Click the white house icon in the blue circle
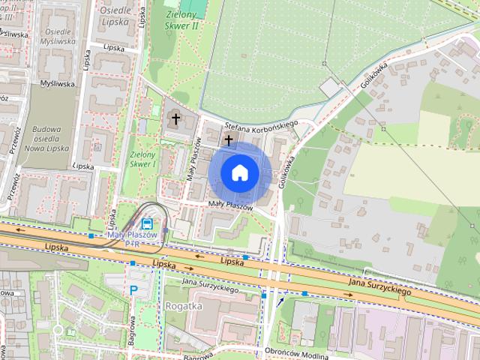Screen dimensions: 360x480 239,172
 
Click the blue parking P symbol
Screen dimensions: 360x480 133,290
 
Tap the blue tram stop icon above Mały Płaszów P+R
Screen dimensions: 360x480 148,223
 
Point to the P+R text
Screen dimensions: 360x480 133,244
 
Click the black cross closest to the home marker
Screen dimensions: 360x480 229,139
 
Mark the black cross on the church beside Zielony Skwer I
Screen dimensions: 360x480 176,118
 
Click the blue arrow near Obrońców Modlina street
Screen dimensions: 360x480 281,301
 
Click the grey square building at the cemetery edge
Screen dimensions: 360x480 330,88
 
